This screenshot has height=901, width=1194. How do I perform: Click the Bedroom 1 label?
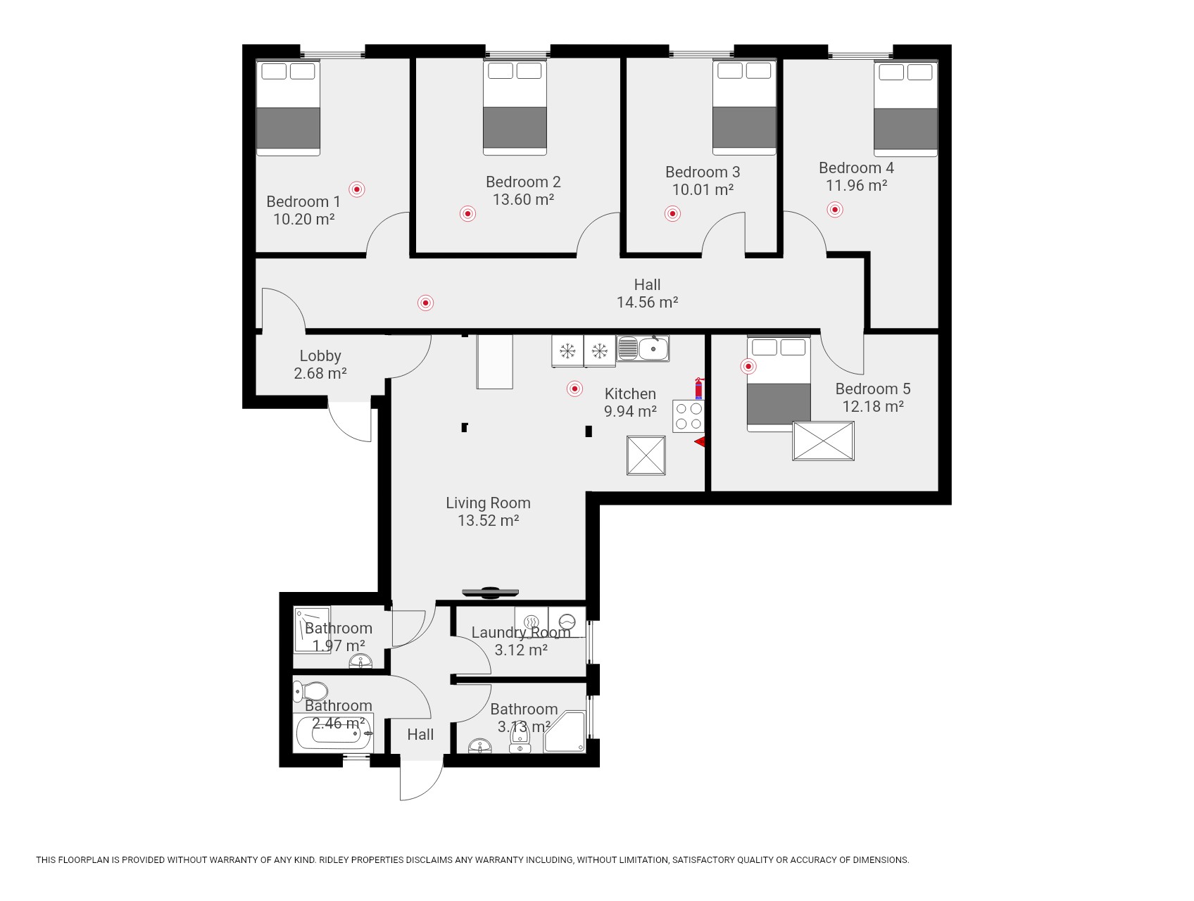coord(303,201)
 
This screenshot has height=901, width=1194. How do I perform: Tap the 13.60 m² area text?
coord(523,199)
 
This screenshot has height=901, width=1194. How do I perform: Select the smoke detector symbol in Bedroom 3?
coord(672,213)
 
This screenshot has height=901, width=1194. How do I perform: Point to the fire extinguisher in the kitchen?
coord(699,389)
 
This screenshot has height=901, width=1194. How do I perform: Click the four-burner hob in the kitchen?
coord(688,416)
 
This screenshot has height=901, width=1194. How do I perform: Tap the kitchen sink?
coord(643,348)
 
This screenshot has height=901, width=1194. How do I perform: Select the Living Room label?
coord(488,503)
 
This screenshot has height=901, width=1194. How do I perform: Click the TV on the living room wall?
coord(490,593)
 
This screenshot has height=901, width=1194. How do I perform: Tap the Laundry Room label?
coord(520,632)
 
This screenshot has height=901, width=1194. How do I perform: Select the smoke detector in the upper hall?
coord(425,303)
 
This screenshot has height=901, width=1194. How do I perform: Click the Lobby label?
coord(320,355)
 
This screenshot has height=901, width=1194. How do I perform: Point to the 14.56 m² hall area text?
coord(647,302)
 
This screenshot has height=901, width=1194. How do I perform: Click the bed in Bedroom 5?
coord(779,384)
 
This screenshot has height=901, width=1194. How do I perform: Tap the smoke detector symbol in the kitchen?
coord(574,389)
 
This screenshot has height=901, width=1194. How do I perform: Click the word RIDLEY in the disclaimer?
coord(334,859)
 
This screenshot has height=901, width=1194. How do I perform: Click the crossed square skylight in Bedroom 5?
coord(823,441)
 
